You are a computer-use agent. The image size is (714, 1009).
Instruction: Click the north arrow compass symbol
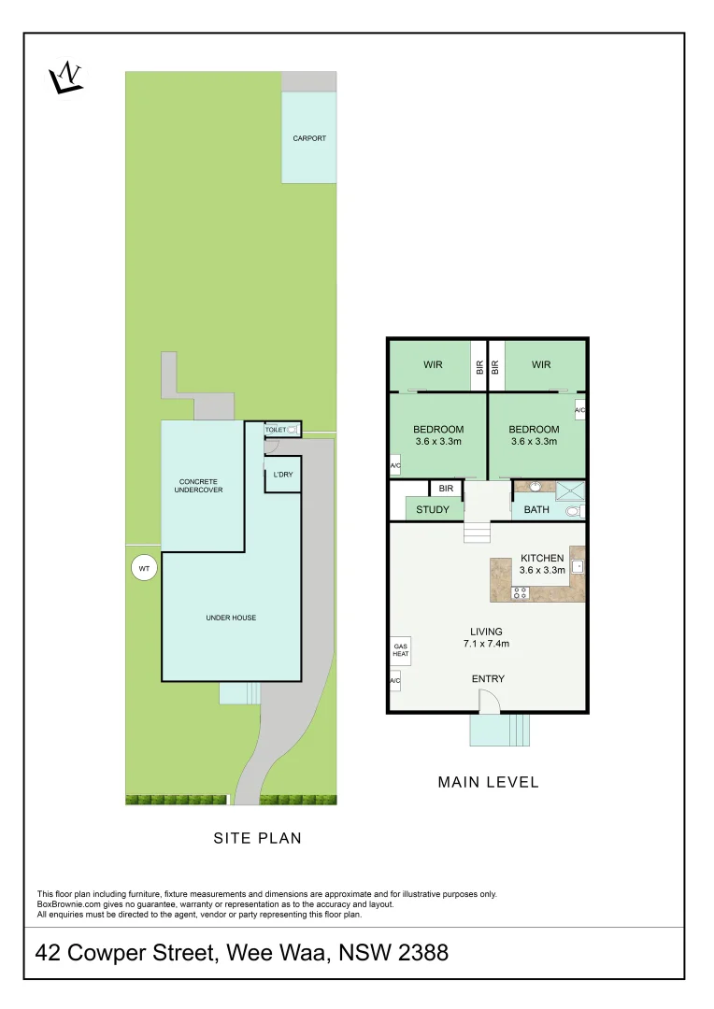coord(66,77)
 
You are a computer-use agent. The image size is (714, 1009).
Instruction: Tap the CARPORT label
coord(309,138)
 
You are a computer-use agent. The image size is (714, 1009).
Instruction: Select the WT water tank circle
coord(144,568)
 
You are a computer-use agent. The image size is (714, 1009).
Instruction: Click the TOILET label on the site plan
coord(276,430)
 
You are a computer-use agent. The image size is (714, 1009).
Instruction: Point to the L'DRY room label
coord(282,475)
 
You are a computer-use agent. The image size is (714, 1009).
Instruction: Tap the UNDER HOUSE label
coord(231,618)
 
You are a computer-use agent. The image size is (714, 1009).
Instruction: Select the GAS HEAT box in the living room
coord(400,649)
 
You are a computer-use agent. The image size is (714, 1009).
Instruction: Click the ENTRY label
coord(488,679)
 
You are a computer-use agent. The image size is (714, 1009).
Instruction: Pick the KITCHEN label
coord(542,558)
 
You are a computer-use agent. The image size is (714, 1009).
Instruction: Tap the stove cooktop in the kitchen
coord(521,592)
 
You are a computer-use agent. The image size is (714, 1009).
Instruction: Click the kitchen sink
coord(578,565)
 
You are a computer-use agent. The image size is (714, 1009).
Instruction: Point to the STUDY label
coord(433,510)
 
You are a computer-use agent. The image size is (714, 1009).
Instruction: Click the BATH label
coord(536,510)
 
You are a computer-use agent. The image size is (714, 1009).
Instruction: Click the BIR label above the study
coord(446,488)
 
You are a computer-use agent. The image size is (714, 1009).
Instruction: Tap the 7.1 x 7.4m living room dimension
coord(486,644)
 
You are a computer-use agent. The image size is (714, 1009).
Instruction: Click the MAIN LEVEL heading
coord(488,782)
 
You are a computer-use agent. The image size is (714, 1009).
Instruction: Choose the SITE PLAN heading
coord(258,838)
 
